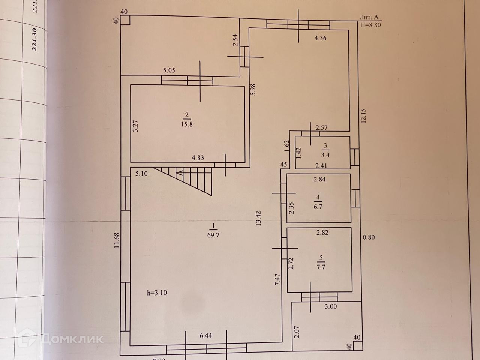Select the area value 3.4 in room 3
click(325, 154)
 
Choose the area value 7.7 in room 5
click(321, 267)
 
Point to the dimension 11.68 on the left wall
click(117, 240)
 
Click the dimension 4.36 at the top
click(320, 38)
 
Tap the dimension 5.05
click(169, 70)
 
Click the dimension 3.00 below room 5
click(330, 306)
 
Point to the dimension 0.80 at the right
click(369, 237)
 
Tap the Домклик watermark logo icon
click(29, 339)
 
